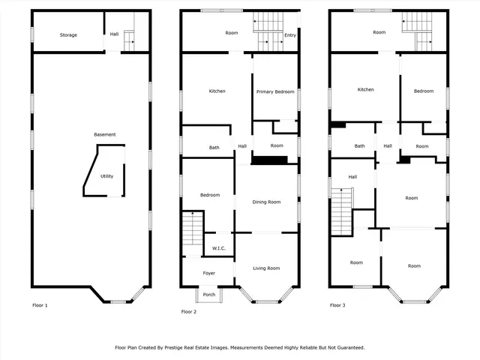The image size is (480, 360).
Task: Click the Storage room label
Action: pos(68,34)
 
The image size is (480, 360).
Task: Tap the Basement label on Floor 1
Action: pos(105,134)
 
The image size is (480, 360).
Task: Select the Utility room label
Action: pos(107,176)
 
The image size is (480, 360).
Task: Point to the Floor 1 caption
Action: pos(40,305)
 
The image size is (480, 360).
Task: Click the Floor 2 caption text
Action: pos(189,311)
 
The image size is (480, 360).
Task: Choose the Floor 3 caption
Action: pos(338,305)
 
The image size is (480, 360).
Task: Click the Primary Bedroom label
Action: pos(275,91)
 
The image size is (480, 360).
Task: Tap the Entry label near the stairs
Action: pos(290,34)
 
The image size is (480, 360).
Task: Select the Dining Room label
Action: pos(266,202)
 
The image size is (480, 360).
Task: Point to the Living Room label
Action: pos(266,268)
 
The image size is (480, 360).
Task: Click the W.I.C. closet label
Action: pos(219,248)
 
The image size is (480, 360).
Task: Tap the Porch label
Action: pos(208,294)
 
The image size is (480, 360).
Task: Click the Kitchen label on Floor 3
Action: pos(365,90)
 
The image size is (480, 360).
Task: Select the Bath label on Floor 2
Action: pos(214,147)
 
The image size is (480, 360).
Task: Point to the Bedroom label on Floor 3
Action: pos(424,91)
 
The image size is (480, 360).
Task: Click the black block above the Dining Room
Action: pos(269,159)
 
